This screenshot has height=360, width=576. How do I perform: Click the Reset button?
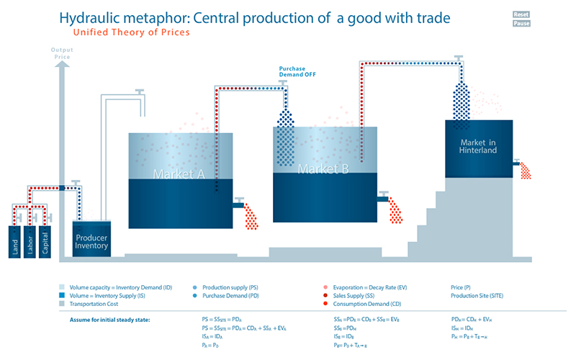[x=522, y=14]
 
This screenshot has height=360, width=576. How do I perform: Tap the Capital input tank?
[x=48, y=241]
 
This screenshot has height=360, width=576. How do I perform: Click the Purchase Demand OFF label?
[x=297, y=71]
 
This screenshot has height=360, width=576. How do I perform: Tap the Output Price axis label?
[x=62, y=53]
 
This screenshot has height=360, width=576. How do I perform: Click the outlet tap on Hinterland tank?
[x=516, y=163]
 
